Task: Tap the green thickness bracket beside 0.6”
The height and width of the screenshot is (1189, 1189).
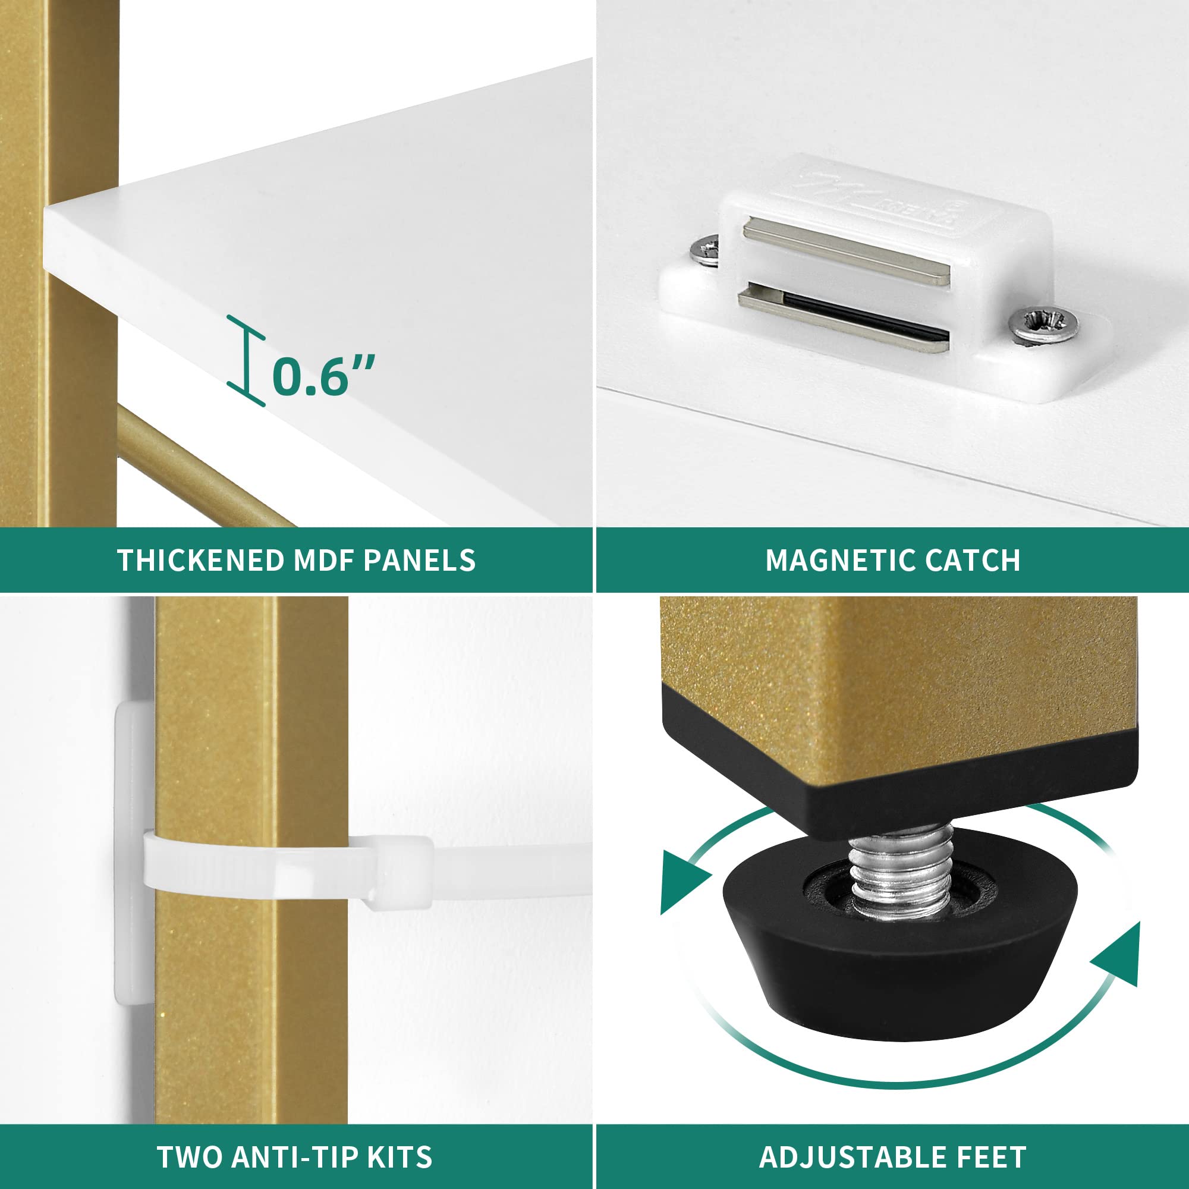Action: (247, 361)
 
